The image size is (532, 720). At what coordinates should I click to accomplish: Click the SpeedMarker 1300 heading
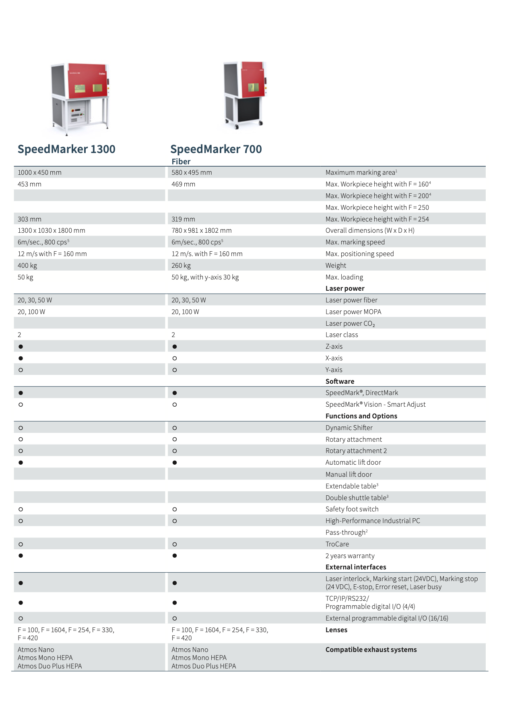point(66,149)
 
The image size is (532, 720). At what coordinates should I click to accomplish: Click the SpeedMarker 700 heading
point(216,149)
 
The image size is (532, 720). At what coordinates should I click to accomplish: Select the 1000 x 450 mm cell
point(39,172)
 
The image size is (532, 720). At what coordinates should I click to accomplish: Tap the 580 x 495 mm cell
point(192,172)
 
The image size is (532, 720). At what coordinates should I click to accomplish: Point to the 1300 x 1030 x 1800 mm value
point(51,230)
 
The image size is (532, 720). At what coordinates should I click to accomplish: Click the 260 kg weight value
point(181,265)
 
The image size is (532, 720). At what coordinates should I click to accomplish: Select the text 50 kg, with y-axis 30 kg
point(205,277)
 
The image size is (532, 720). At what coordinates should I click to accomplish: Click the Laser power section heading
point(345,288)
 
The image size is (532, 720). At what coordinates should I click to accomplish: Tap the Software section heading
point(340,381)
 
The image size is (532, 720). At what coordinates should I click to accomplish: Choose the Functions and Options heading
point(361,416)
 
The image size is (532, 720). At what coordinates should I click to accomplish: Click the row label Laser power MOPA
point(353,312)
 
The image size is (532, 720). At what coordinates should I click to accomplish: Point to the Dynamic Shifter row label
point(349,428)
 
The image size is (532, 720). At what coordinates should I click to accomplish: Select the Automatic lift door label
point(353,462)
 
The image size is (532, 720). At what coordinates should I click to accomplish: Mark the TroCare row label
point(337,544)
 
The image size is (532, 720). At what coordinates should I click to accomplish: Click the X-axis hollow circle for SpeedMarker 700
point(175,358)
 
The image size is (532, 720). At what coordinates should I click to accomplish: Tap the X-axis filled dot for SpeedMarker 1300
point(21,358)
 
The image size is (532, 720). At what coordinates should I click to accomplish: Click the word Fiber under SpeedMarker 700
point(181,161)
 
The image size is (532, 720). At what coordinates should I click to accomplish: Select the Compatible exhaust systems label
point(371,650)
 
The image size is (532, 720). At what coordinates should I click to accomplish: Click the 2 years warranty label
point(350,556)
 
